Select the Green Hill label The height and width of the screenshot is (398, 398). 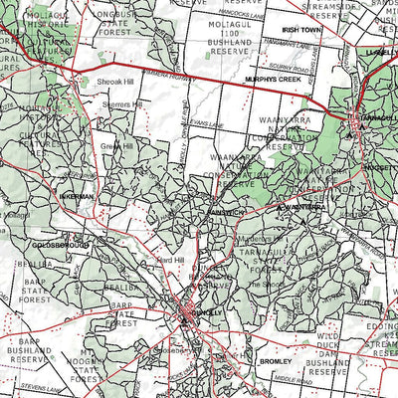coord(116,145)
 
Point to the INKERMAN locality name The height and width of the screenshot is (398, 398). coord(77,197)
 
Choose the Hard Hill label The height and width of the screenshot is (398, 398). coord(172,261)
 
